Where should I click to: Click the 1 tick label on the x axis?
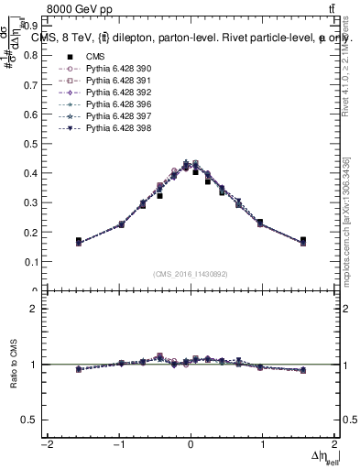click(x=262, y=445)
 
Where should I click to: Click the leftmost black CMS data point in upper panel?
click(x=79, y=241)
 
